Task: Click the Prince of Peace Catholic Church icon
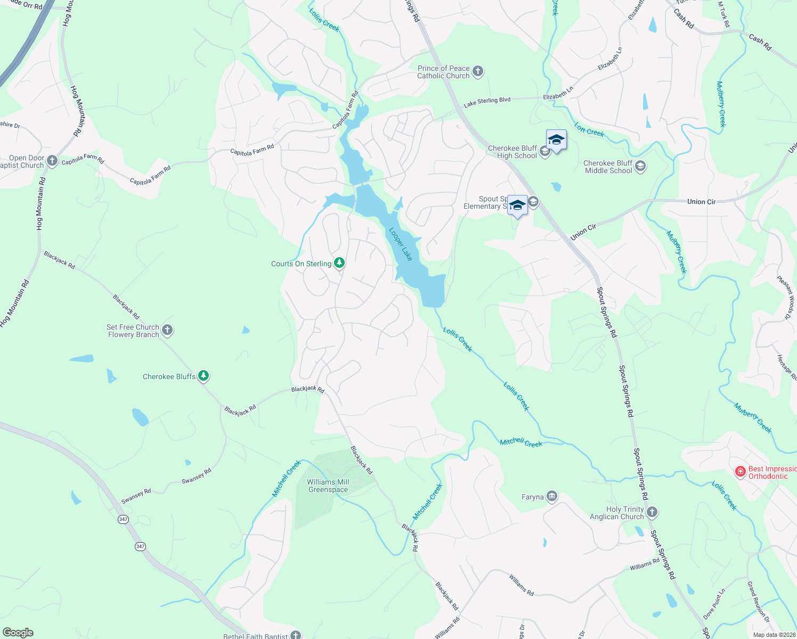[x=478, y=71]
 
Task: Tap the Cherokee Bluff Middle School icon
[x=640, y=166]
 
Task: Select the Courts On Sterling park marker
[x=339, y=263]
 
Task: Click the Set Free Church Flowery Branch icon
[x=167, y=330]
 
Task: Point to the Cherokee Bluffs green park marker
[x=203, y=376]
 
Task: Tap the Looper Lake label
[x=401, y=244]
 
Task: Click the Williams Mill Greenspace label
[x=328, y=486]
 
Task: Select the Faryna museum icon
[x=551, y=497]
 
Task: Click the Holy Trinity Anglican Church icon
[x=652, y=512]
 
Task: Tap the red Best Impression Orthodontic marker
[x=740, y=472]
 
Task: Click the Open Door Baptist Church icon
[x=52, y=161]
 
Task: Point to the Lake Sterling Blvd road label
[x=487, y=102]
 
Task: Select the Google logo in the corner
[x=18, y=633]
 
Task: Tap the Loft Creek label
[x=589, y=129]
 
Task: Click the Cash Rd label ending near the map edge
[x=760, y=42]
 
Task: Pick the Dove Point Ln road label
[x=714, y=604]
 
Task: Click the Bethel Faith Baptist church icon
[x=296, y=635]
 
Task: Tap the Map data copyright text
[x=774, y=635]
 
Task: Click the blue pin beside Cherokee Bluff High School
[x=556, y=141]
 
